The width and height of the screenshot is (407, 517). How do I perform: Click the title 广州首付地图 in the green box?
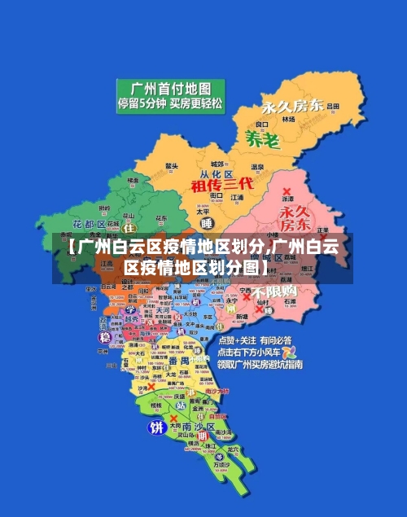(165, 88)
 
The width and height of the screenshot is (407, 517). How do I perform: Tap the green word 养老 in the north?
(262, 139)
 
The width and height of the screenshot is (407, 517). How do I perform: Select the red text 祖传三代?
(222, 185)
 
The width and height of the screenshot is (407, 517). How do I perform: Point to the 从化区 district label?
(217, 174)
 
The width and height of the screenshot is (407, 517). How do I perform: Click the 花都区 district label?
(89, 223)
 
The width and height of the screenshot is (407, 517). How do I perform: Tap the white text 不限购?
(274, 291)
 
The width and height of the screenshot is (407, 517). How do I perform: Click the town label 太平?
(204, 211)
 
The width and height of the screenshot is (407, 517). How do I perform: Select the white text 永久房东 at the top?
(291, 106)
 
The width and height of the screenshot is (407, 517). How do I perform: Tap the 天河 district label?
(164, 309)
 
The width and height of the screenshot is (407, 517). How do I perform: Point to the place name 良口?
(261, 125)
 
